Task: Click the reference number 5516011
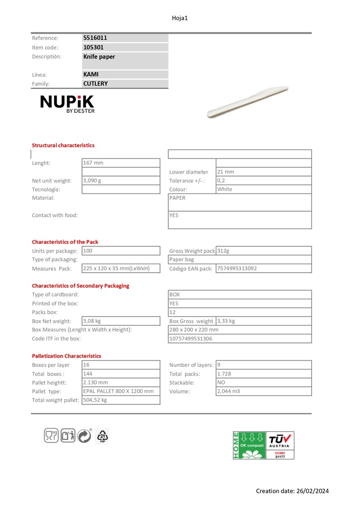click(95, 38)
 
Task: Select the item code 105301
click(93, 47)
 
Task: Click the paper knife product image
click(247, 103)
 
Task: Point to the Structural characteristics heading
click(63, 145)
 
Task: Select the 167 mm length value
click(93, 163)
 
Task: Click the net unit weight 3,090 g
click(92, 180)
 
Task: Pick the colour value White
click(225, 189)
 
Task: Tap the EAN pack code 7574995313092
click(237, 268)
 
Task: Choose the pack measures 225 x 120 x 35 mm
click(116, 268)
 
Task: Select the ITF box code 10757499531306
click(190, 339)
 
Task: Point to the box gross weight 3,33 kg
click(226, 321)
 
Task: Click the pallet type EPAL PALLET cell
click(118, 391)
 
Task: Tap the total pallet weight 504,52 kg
click(95, 400)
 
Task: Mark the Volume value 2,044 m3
click(229, 391)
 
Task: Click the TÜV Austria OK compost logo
click(263, 445)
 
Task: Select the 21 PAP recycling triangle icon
click(103, 436)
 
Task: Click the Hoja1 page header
click(180, 18)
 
